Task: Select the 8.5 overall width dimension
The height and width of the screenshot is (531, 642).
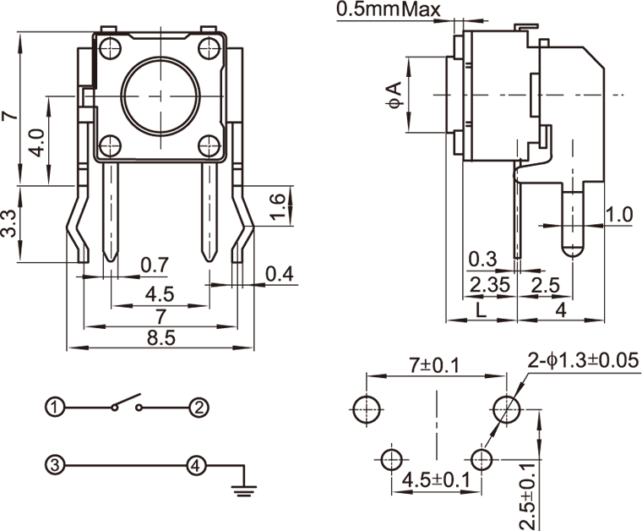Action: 160,337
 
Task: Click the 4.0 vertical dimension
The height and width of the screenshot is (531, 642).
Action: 36,141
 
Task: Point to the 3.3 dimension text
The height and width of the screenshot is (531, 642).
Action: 9,223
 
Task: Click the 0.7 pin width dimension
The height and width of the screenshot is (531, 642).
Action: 155,265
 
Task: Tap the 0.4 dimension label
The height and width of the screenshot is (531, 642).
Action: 279,274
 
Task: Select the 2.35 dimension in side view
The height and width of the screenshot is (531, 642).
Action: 490,285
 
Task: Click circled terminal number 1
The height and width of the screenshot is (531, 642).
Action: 56,408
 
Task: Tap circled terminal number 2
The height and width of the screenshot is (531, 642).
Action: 198,408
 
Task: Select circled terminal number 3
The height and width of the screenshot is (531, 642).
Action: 56,464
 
